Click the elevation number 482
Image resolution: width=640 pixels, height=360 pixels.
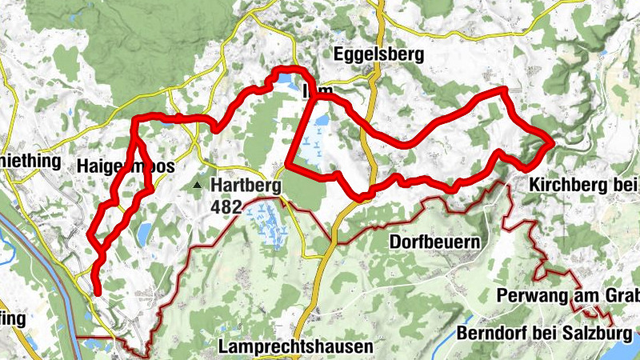[227, 206]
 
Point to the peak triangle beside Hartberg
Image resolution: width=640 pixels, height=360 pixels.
[198, 186]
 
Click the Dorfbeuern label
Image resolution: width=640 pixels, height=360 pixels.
[434, 241]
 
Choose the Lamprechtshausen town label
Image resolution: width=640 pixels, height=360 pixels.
[295, 347]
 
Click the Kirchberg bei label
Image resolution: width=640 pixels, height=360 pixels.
[583, 186]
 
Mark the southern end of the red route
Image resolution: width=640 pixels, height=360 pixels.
[97, 293]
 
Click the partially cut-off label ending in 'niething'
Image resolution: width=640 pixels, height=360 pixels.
[30, 161]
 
